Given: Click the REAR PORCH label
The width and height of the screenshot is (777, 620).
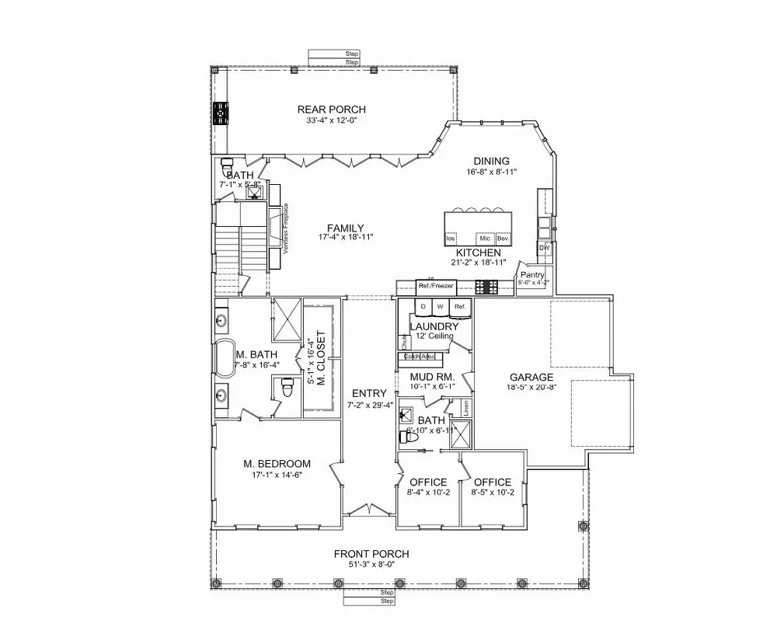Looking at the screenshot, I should coord(331,110).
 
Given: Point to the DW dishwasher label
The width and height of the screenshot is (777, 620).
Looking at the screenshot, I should coord(544,248).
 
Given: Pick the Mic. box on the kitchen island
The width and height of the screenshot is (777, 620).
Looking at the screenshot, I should coord(484,238).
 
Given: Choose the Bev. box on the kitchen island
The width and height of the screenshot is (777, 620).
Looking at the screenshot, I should coord(502,238).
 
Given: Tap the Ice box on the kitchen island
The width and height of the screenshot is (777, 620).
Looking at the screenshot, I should coord(451,238).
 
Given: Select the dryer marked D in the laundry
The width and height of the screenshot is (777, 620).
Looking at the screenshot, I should coord(423,308).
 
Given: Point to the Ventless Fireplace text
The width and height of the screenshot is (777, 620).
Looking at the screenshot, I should coord(286,228).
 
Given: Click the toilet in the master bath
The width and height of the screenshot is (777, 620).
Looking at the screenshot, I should coord(286,385).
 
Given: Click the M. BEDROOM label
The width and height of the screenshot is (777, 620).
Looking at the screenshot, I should coord(277,464).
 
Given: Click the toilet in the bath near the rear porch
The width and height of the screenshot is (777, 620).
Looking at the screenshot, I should coord(227,166).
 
